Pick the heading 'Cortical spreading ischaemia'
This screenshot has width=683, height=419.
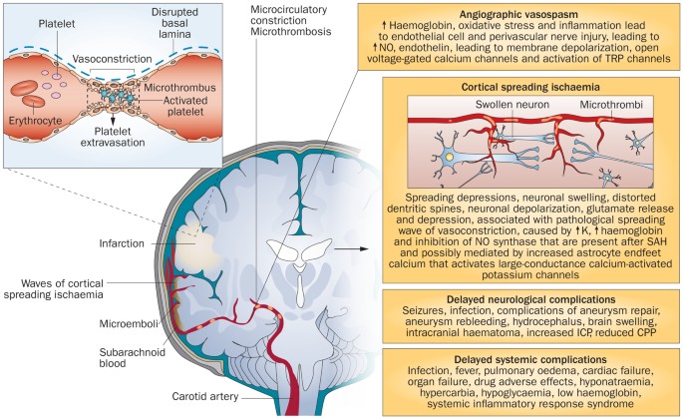pos(506,88)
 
